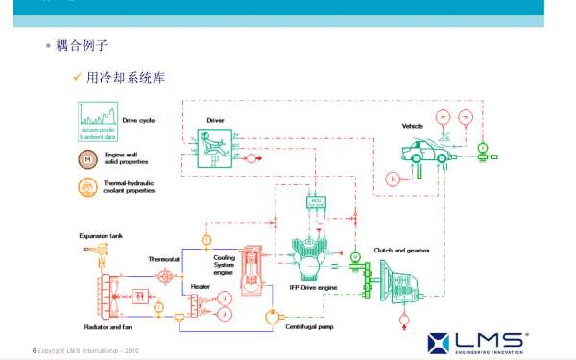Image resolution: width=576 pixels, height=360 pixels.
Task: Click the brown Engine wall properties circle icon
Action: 87,157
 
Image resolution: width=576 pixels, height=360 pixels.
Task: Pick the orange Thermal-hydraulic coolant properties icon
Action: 87,186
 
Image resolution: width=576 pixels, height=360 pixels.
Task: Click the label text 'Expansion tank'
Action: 101,235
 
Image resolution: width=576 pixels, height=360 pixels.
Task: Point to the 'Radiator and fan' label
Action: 107,327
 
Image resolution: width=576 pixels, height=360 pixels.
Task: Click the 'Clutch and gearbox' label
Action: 402,250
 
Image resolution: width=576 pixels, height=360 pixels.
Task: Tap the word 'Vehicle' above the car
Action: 414,126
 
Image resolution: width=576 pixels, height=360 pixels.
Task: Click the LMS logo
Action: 476,340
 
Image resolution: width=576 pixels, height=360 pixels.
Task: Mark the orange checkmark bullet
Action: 77,77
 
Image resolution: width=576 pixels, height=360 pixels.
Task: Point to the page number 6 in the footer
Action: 35,349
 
